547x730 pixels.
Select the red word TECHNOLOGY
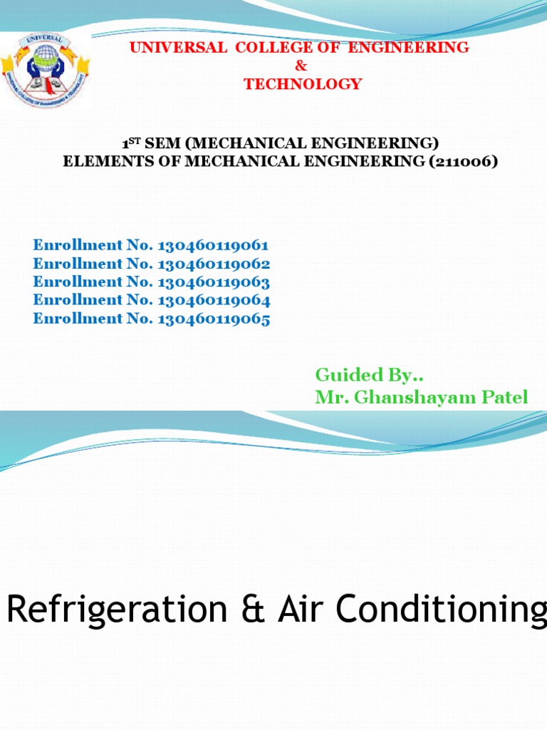(x=303, y=84)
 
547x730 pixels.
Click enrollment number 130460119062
(x=213, y=264)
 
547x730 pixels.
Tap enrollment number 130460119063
(x=213, y=282)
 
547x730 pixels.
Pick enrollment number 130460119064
(x=213, y=300)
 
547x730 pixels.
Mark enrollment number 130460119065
(x=213, y=319)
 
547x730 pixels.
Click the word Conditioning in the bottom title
(x=442, y=610)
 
